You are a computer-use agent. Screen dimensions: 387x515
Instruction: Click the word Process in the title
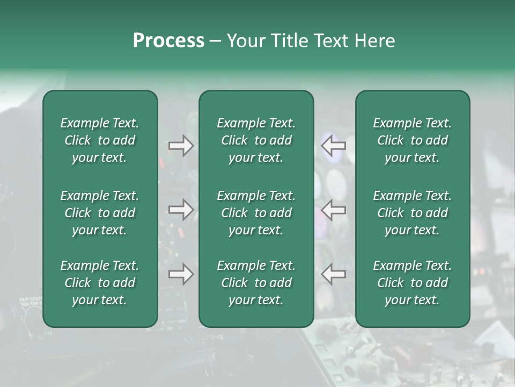point(168,41)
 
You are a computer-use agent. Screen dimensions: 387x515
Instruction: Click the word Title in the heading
point(289,41)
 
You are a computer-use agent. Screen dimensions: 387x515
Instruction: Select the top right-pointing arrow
point(181,146)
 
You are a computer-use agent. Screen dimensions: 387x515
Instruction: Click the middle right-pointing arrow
point(181,210)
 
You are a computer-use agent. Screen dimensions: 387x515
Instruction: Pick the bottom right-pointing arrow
point(181,274)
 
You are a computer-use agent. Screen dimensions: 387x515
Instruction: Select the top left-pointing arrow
point(333,146)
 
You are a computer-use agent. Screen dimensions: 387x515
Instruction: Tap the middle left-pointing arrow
point(333,210)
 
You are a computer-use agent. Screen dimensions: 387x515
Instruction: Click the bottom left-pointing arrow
point(333,274)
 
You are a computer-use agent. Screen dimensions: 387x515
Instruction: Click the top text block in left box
point(100,140)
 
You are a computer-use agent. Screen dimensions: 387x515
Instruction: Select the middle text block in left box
point(100,213)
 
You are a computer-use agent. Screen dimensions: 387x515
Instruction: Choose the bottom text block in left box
point(100,283)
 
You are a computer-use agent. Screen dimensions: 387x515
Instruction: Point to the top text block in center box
point(256,140)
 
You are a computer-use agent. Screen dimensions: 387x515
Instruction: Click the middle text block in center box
point(256,213)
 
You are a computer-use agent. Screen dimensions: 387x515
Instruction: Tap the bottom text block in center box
point(256,283)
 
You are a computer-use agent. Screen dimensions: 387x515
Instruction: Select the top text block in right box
point(413,140)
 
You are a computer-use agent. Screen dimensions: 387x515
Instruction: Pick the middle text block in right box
point(413,213)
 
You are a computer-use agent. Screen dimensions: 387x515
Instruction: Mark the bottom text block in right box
point(413,283)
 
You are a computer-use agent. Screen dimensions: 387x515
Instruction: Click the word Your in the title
point(245,41)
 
